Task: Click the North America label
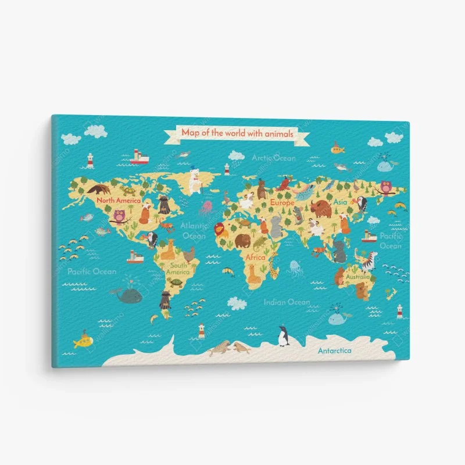click(x=119, y=200)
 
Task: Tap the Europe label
click(x=282, y=203)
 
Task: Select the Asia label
click(x=340, y=202)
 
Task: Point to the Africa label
click(x=255, y=256)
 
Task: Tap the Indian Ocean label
click(x=287, y=302)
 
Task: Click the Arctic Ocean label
click(x=273, y=158)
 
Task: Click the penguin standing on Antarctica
click(x=283, y=335)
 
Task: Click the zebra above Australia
click(x=369, y=262)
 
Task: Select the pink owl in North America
click(x=120, y=216)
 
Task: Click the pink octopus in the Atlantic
click(x=206, y=208)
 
